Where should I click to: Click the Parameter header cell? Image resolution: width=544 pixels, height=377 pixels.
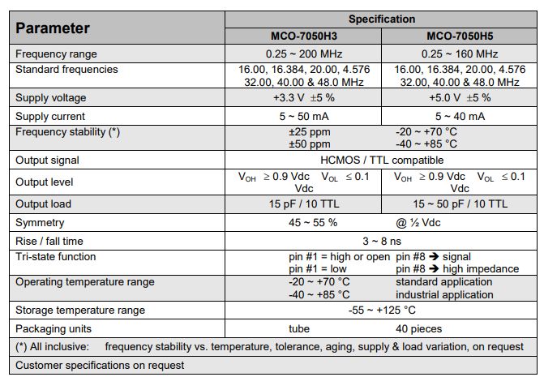tap(52, 28)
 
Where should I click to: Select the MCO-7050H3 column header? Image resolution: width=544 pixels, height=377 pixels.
tap(303, 36)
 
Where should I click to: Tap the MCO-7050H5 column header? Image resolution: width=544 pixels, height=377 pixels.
tap(459, 36)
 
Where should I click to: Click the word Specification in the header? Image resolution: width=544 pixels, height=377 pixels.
tap(381, 19)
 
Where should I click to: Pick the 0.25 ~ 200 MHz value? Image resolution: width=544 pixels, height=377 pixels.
tap(303, 54)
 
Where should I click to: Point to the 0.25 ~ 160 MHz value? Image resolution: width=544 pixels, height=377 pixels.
tap(459, 54)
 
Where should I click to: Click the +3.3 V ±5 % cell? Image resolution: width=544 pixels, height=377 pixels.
tap(303, 98)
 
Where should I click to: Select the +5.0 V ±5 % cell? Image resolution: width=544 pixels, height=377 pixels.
tap(459, 98)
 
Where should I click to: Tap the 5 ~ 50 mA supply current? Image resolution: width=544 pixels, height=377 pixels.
tap(303, 116)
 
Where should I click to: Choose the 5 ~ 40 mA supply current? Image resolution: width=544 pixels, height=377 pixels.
tap(459, 116)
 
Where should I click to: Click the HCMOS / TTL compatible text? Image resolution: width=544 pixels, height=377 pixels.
tap(381, 161)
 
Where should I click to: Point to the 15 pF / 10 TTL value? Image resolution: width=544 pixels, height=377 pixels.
tap(303, 203)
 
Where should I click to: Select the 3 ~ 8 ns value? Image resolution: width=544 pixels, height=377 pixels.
tap(381, 241)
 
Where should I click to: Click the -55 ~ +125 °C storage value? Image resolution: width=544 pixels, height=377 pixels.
tap(381, 310)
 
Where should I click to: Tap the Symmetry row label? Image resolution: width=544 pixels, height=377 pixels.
tap(40, 222)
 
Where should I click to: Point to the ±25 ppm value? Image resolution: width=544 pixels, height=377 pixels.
tap(309, 131)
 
